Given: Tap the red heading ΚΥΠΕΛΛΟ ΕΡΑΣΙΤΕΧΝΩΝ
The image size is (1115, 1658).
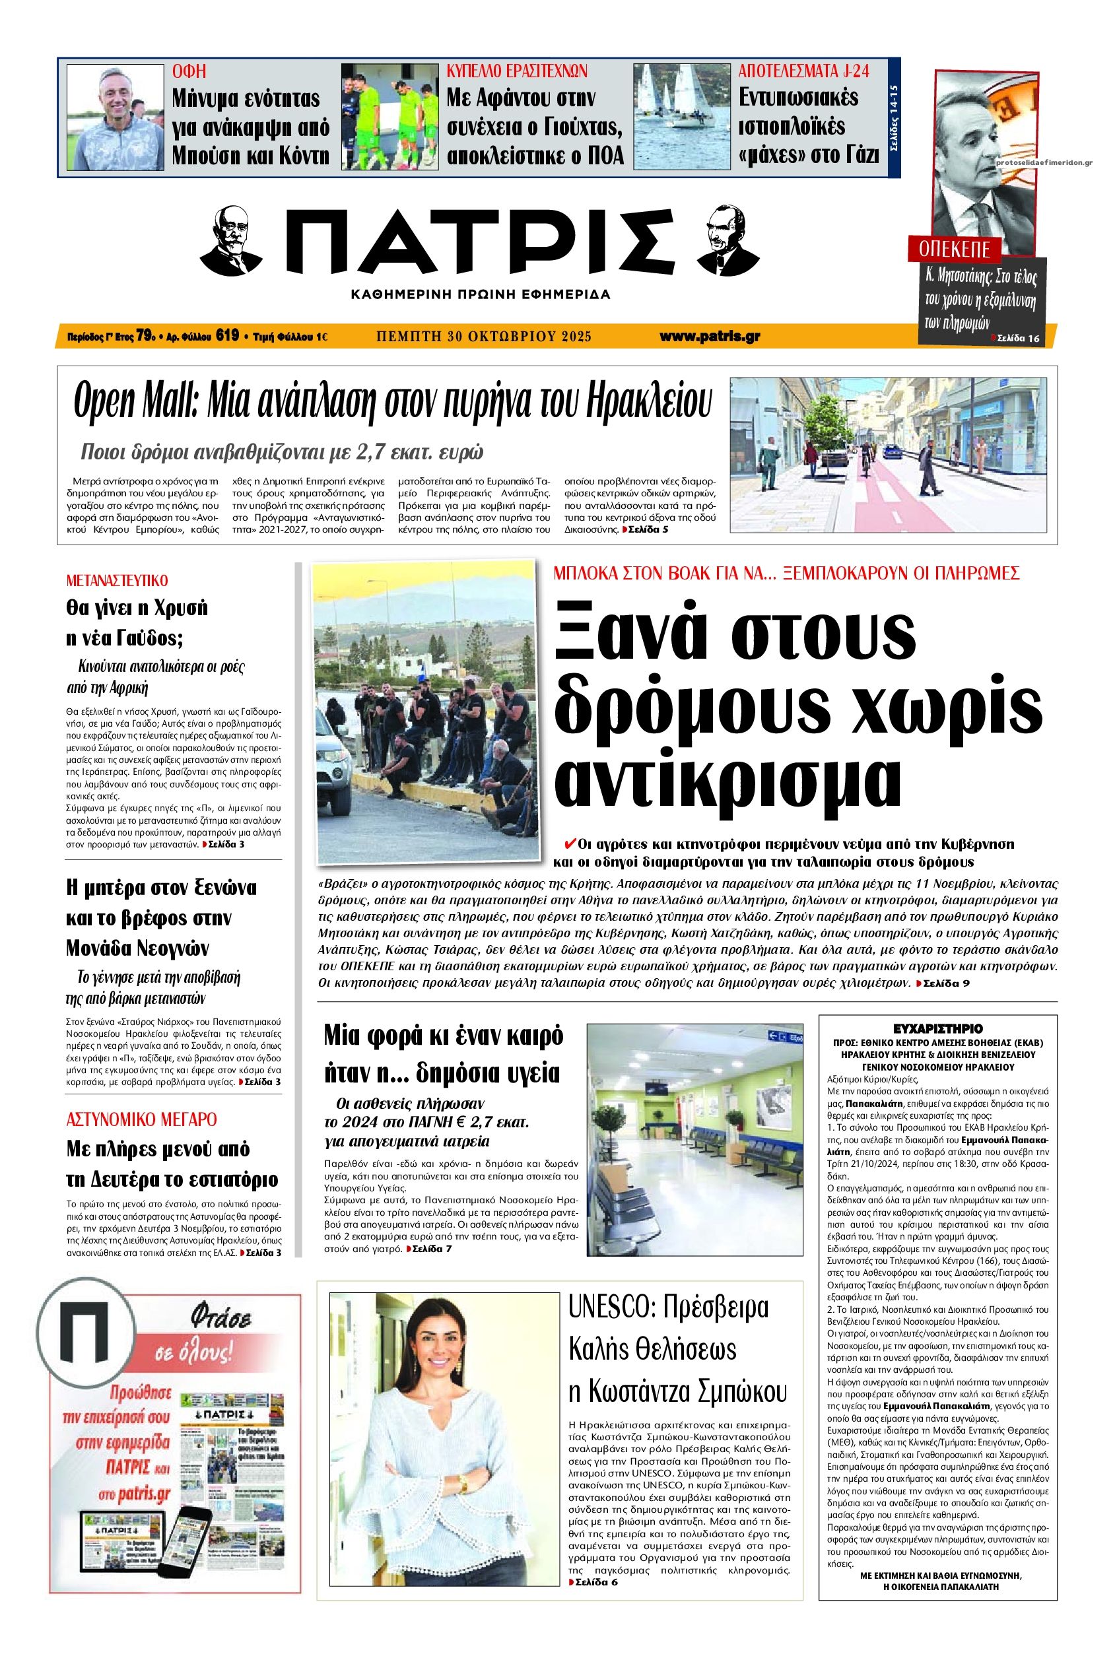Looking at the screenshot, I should point(516,71).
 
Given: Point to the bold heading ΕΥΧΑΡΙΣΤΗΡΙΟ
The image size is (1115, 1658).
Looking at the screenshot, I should point(938,1028).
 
